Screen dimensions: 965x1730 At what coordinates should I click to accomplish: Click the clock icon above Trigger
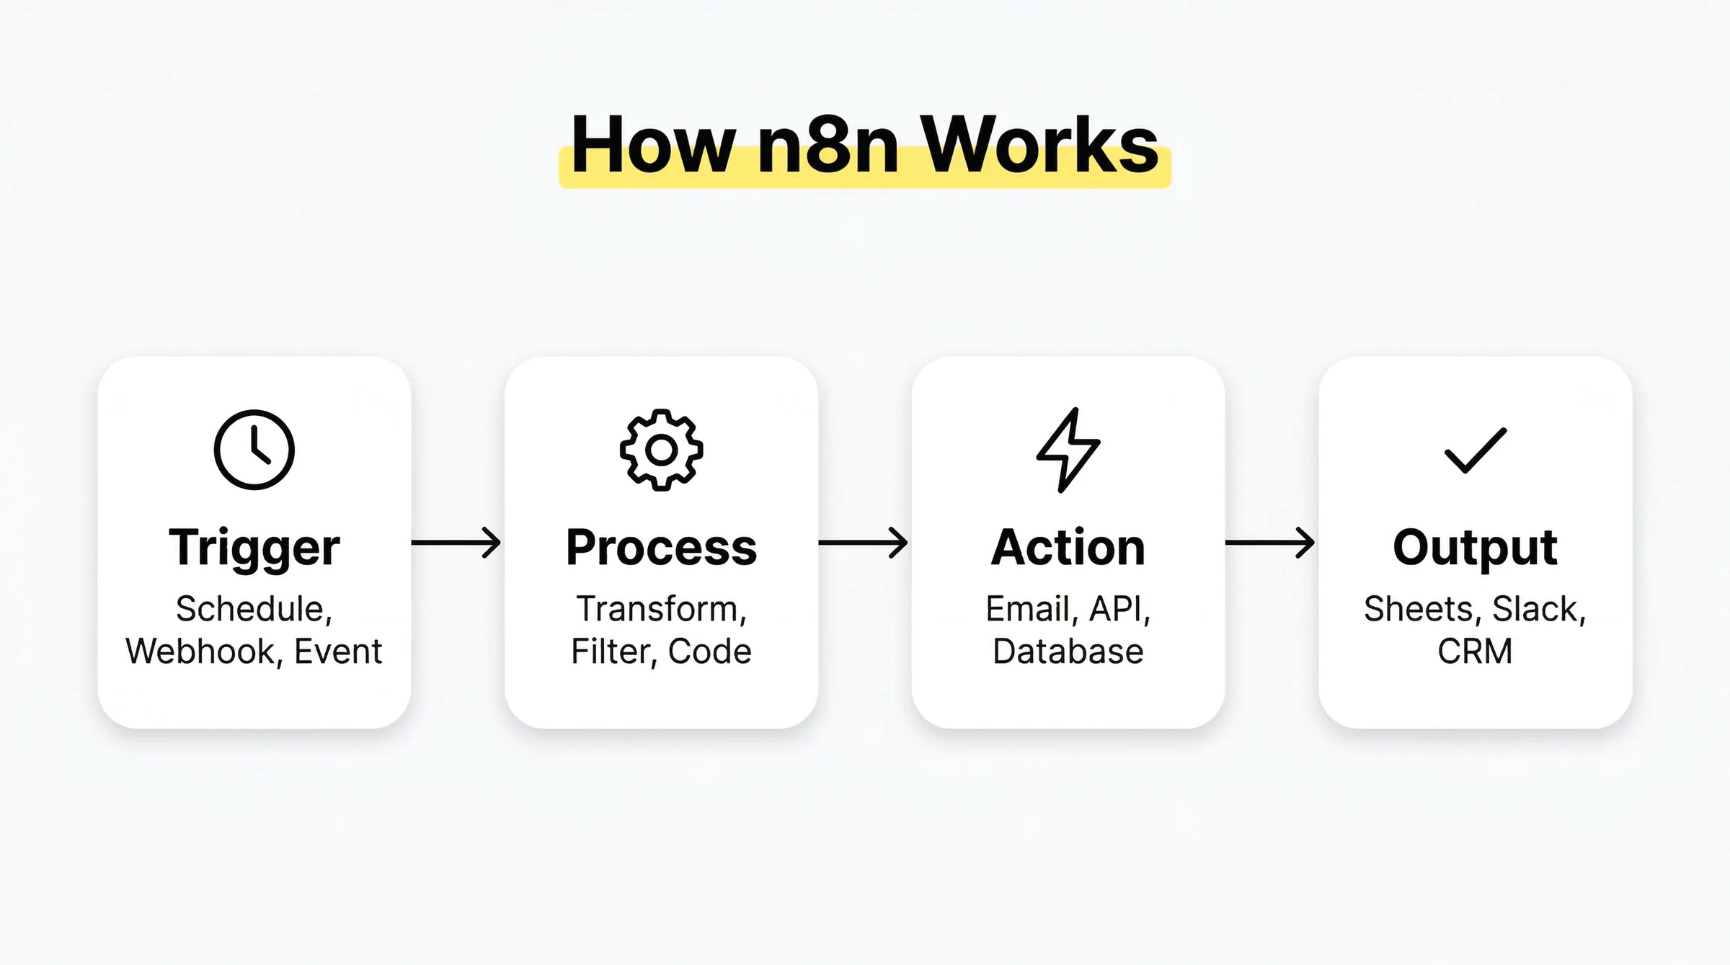pos(254,450)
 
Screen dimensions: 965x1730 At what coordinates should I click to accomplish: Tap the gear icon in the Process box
pos(661,450)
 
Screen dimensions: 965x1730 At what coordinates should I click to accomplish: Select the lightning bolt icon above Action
pos(1068,450)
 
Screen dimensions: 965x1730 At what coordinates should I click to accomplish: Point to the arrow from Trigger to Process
pos(456,543)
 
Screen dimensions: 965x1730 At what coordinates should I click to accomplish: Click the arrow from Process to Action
pos(864,543)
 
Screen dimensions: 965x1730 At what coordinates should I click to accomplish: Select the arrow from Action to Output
pos(1270,543)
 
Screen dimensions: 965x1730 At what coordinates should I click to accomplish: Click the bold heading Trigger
pos(254,548)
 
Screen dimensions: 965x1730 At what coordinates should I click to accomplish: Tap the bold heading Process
pos(661,548)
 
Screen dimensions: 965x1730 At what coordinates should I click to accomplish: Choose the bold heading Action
pos(1068,548)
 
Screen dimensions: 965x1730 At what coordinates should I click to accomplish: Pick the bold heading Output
pos(1475,548)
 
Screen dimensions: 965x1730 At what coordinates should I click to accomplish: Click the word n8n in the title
pos(828,147)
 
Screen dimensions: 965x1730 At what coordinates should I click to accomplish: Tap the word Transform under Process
pos(658,609)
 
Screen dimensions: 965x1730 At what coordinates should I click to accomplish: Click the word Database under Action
pos(1068,652)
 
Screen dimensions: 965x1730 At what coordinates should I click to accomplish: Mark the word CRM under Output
pos(1475,652)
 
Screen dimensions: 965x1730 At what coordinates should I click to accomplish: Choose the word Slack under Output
pos(1536,609)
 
